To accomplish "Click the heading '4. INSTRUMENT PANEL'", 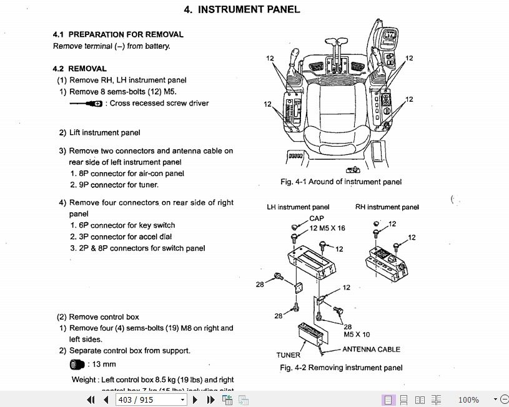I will [x=242, y=9].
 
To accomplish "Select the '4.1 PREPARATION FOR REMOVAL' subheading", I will [x=118, y=34].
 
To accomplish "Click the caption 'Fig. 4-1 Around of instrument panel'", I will [x=340, y=182].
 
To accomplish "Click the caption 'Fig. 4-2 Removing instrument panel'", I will [x=341, y=368].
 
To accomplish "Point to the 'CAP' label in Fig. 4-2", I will [x=317, y=218].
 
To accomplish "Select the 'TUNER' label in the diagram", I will [x=289, y=355].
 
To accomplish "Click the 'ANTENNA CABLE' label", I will [x=371, y=350].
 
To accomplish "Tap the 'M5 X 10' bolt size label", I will [x=357, y=335].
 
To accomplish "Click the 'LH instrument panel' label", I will [x=298, y=207].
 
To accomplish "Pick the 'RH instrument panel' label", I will [x=387, y=207].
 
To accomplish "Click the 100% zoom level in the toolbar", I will [x=468, y=400].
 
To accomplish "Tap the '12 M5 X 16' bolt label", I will [x=327, y=228].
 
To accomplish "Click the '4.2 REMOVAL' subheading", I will [x=79, y=69].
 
